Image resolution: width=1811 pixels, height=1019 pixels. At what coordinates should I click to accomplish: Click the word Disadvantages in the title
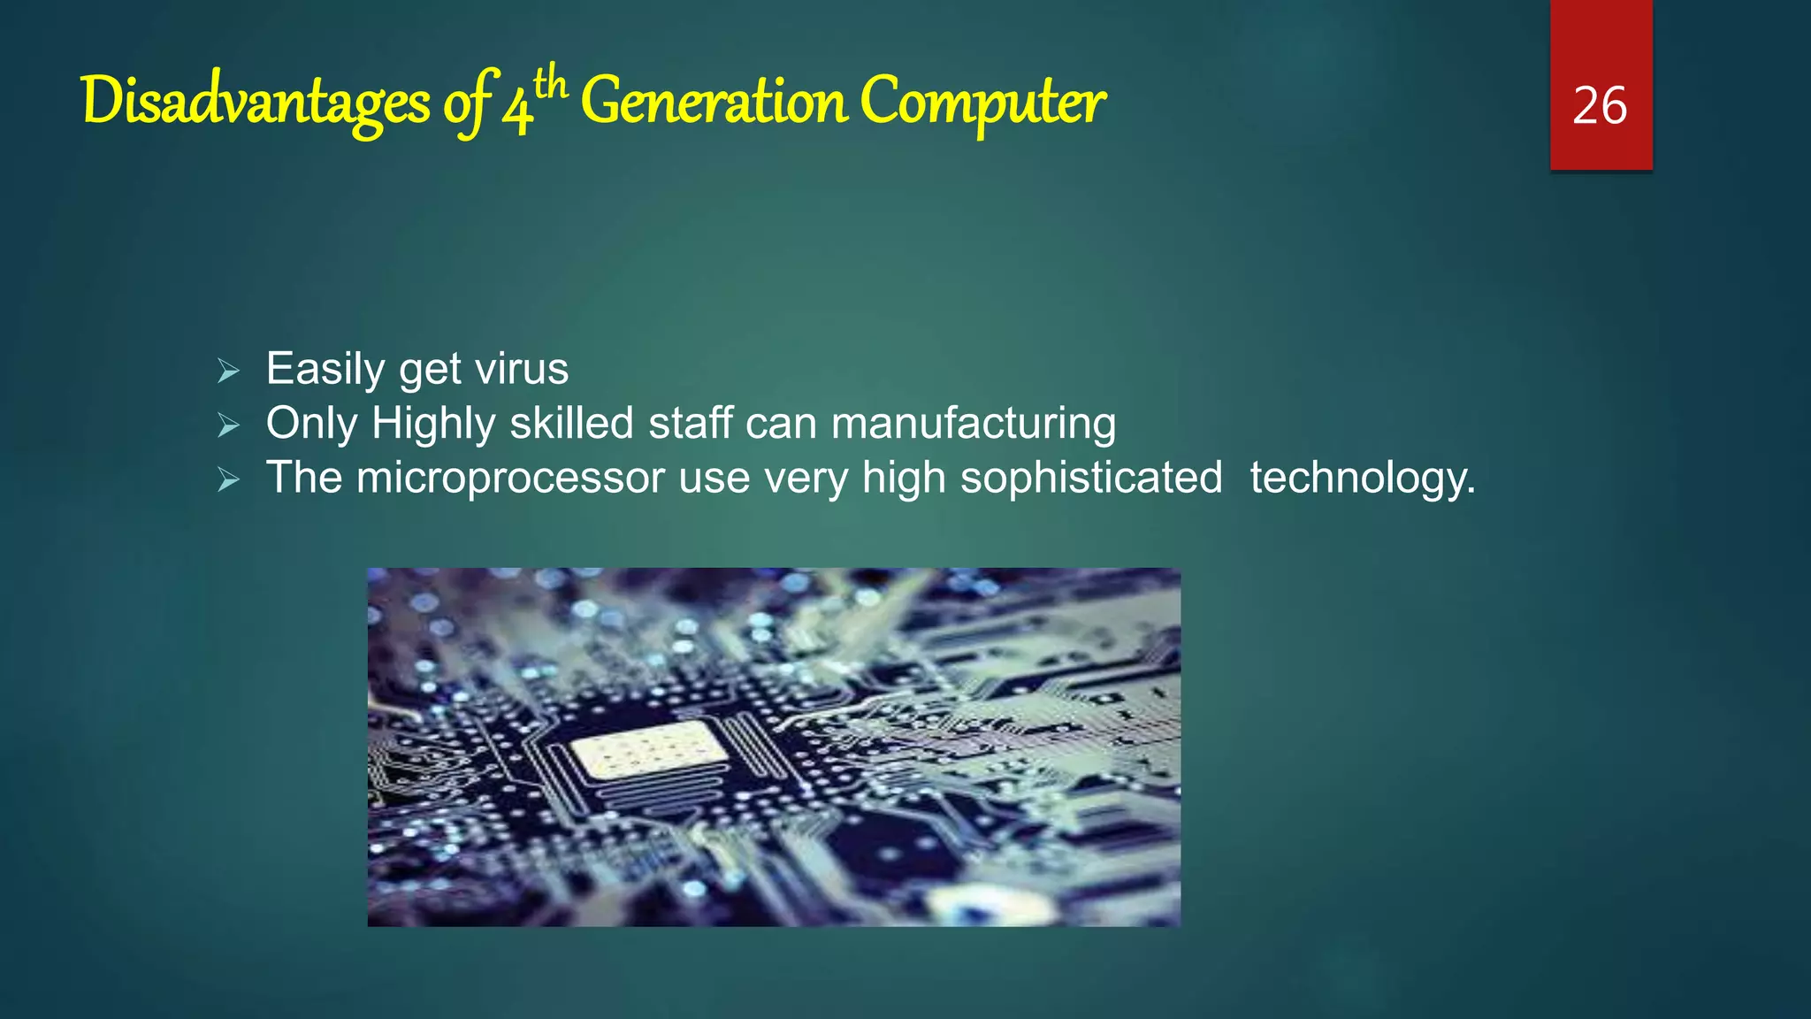click(x=255, y=103)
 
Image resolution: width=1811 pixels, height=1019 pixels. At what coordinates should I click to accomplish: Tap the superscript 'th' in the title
click(x=550, y=84)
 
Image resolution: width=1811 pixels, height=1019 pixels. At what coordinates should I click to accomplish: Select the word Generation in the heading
click(x=714, y=103)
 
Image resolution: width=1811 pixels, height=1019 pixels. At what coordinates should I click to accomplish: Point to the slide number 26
click(x=1600, y=106)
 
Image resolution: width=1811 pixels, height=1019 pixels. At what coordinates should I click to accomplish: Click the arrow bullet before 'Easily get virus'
click(x=228, y=372)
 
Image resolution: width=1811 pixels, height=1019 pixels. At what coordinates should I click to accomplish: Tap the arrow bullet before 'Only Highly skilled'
click(x=228, y=426)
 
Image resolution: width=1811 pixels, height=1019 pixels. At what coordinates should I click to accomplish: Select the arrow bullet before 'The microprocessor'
click(x=228, y=480)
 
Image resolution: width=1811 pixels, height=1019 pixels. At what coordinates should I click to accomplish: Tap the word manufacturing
click(x=973, y=424)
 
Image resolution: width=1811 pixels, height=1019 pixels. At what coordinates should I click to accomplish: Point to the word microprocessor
click(x=509, y=479)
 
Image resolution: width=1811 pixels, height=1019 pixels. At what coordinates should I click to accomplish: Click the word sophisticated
click(x=1091, y=479)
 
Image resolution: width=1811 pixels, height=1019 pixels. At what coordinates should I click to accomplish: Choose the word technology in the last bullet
click(x=1362, y=479)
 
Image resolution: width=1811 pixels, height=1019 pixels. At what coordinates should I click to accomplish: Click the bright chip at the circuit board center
click(x=648, y=748)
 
